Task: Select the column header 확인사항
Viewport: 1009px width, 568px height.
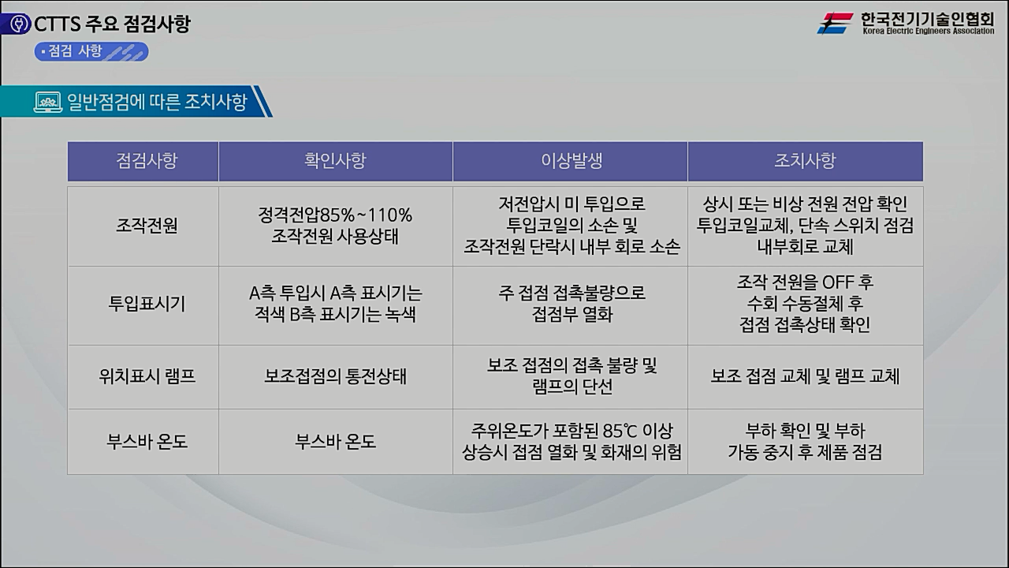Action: click(x=335, y=161)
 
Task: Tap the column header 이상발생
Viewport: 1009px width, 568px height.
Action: click(x=571, y=161)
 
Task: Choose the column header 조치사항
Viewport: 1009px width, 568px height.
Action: click(x=805, y=161)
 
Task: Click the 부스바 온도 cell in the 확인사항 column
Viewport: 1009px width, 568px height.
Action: click(x=335, y=441)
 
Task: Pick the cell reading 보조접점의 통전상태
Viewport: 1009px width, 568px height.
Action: click(x=335, y=376)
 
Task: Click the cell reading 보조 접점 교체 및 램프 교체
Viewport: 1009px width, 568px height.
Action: click(x=805, y=376)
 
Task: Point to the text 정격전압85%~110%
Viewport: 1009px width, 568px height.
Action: click(x=335, y=215)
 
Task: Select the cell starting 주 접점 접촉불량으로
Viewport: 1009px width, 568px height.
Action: click(x=571, y=304)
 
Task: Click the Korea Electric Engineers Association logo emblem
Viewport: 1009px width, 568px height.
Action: click(x=835, y=23)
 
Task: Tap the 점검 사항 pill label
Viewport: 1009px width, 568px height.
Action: click(x=91, y=51)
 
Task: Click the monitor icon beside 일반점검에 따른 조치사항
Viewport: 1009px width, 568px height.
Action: click(x=48, y=102)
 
